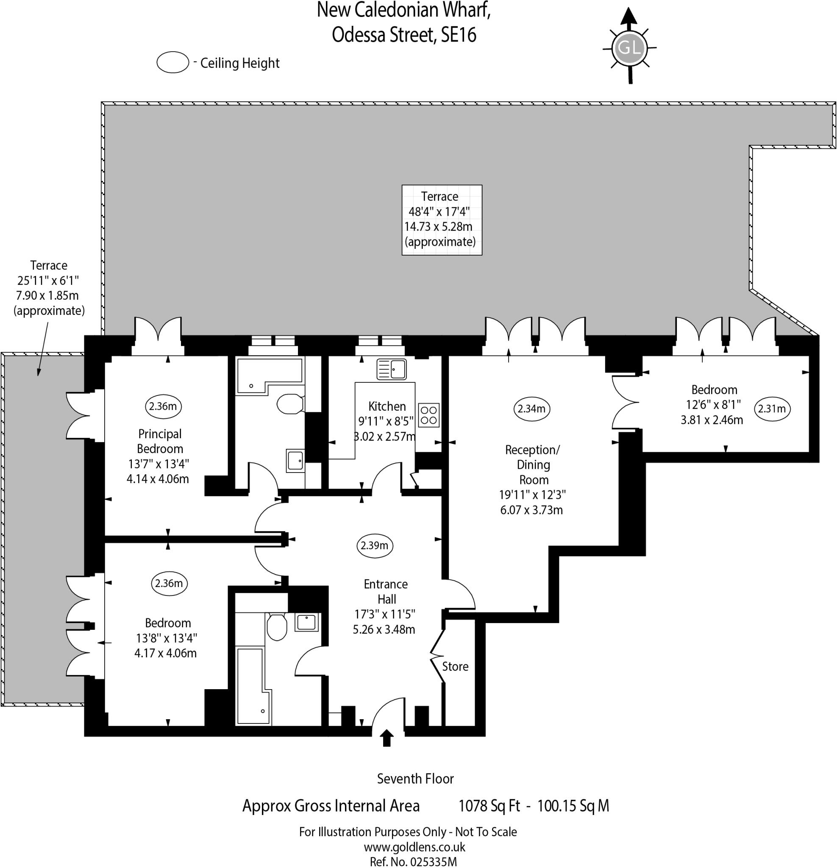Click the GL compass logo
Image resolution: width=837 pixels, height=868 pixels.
(x=629, y=47)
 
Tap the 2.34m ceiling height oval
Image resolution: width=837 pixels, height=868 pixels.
(x=531, y=408)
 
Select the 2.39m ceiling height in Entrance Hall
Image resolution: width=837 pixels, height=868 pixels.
(x=374, y=545)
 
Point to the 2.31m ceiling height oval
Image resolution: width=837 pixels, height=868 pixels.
(x=772, y=408)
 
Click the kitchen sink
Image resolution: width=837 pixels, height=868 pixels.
(x=392, y=369)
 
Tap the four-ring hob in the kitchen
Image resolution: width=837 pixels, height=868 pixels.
(x=428, y=415)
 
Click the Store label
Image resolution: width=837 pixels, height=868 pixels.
(x=455, y=667)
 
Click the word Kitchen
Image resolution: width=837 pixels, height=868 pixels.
(x=387, y=406)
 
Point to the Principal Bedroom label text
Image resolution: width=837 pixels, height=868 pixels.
(x=160, y=441)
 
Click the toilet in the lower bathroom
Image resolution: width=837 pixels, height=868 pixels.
(x=277, y=627)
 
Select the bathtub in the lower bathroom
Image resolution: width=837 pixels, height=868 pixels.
(x=253, y=686)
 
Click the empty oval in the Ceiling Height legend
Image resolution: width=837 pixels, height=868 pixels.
(x=173, y=62)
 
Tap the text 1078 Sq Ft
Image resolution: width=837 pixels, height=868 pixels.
(x=489, y=806)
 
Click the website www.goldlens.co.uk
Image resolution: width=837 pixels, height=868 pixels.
(x=414, y=847)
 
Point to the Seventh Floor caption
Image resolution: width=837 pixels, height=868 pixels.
(x=415, y=779)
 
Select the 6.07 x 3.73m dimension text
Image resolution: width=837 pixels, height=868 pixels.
(x=531, y=510)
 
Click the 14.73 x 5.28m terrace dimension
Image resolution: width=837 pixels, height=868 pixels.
(x=438, y=227)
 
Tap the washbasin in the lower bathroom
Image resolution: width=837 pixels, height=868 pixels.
(x=306, y=622)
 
